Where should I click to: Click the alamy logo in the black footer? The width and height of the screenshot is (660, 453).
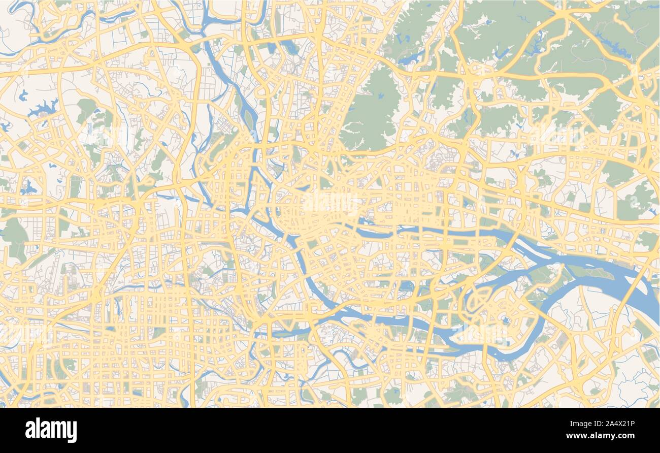pyautogui.click(x=51, y=430)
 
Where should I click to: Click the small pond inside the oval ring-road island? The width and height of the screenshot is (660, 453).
pyautogui.click(x=505, y=320)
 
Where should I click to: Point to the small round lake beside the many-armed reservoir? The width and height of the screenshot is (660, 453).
pyautogui.click(x=23, y=95)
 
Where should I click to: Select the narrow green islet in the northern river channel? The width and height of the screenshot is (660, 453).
pyautogui.click(x=249, y=119)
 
